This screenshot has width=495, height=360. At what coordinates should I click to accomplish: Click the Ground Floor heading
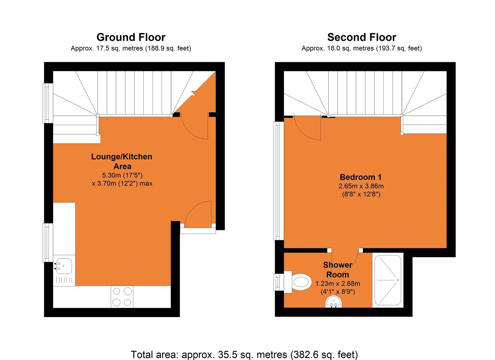click(x=131, y=37)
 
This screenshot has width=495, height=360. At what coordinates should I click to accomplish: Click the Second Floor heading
click(x=361, y=37)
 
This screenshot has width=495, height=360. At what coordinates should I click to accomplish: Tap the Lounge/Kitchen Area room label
click(x=122, y=161)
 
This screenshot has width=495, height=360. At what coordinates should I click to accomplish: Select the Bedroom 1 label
click(x=360, y=177)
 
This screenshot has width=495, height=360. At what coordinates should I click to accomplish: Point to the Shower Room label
click(x=337, y=270)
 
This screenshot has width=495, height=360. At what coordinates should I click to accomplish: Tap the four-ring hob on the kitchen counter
click(x=122, y=297)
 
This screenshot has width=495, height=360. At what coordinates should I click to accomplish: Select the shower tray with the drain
click(x=388, y=280)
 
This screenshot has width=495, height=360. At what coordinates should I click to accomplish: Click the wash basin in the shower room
click(x=334, y=303)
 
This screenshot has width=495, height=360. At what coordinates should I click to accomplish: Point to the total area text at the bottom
click(x=244, y=354)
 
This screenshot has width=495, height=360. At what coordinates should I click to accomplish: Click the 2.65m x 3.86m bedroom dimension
click(x=362, y=186)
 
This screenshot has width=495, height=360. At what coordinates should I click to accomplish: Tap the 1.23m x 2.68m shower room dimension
click(x=338, y=284)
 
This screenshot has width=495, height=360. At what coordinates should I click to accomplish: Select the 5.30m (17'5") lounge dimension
click(x=122, y=175)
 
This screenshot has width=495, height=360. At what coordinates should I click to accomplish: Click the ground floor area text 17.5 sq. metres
click(x=131, y=49)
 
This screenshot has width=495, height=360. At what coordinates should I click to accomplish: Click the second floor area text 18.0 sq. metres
click(x=361, y=49)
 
